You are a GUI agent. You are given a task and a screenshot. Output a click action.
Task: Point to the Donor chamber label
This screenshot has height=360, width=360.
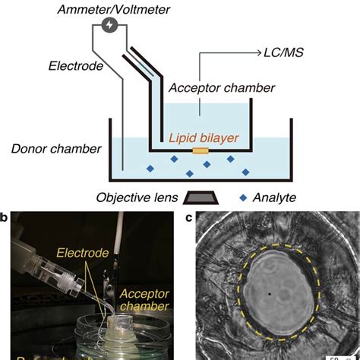coord(54,147)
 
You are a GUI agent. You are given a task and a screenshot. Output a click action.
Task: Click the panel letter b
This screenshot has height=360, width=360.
coord(6,219)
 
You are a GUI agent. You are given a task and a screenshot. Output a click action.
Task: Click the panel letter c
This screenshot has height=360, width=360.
coord(188,219)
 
